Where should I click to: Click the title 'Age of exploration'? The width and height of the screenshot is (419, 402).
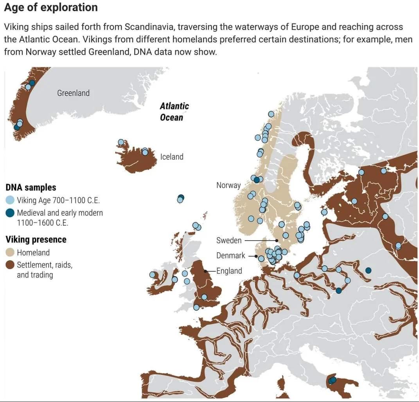(x=51, y=7)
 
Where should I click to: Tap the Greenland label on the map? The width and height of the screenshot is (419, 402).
(x=73, y=93)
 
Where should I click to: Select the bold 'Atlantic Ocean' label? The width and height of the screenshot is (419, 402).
(x=174, y=112)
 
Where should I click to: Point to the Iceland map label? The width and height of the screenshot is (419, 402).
(x=172, y=157)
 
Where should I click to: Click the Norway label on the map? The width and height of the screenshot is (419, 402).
(x=228, y=185)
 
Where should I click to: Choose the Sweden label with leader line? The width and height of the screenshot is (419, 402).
(x=229, y=240)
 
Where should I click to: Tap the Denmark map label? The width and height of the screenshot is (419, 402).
(x=231, y=255)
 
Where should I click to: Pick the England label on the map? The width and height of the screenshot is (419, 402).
(x=230, y=271)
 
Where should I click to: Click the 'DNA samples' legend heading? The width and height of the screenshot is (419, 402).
(x=31, y=187)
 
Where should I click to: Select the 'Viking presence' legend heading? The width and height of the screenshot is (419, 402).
(x=36, y=239)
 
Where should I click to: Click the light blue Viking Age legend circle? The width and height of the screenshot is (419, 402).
(x=10, y=200)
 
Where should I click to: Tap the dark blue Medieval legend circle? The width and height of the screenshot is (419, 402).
(x=10, y=213)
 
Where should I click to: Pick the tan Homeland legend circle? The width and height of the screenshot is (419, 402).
(x=10, y=253)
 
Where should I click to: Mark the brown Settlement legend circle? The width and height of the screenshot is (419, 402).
(x=10, y=265)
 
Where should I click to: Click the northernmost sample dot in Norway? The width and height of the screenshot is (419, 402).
(x=271, y=114)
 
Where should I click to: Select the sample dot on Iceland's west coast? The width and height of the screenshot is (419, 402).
(x=121, y=142)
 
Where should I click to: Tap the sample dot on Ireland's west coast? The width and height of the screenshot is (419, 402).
(x=152, y=275)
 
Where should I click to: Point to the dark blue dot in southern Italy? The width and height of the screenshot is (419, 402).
(x=333, y=380)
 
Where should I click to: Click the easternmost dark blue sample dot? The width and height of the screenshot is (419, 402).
(x=368, y=270)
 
